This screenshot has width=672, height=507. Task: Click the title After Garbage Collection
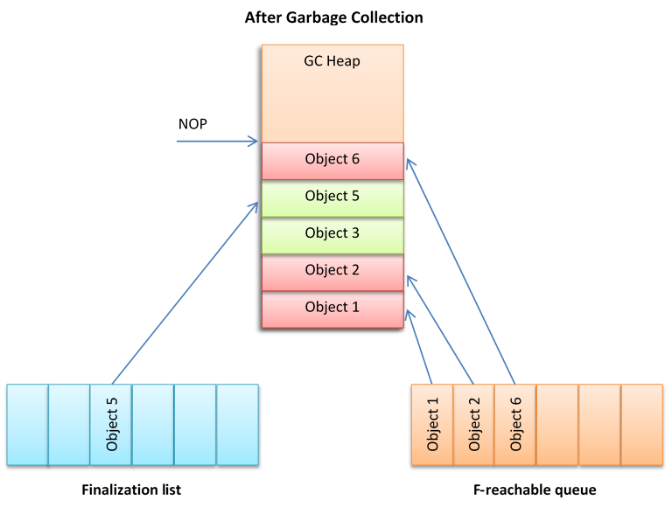[x=333, y=17]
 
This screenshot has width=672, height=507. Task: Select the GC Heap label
[x=332, y=61]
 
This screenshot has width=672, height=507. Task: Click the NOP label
[x=192, y=124]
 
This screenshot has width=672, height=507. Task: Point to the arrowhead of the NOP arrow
[x=255, y=141]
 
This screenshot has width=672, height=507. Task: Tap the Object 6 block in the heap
[x=332, y=160]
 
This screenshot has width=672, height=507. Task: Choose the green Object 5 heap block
[x=332, y=197]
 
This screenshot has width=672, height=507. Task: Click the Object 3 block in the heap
[x=332, y=233]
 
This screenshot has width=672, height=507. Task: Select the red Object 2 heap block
[x=332, y=271]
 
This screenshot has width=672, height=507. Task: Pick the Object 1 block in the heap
[x=332, y=308]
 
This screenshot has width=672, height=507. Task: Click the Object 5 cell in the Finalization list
[x=111, y=424]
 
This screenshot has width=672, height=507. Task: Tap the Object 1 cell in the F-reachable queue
[x=432, y=424]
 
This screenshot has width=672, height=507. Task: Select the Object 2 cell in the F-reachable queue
[x=474, y=424]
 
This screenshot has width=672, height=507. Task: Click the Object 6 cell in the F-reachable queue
[x=516, y=424]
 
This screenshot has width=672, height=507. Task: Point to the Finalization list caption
[x=131, y=490]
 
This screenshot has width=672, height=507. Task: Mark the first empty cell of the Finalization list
[x=27, y=424]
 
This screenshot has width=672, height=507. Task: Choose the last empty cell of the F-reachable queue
[x=641, y=424]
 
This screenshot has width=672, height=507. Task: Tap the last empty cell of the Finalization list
[x=237, y=424]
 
